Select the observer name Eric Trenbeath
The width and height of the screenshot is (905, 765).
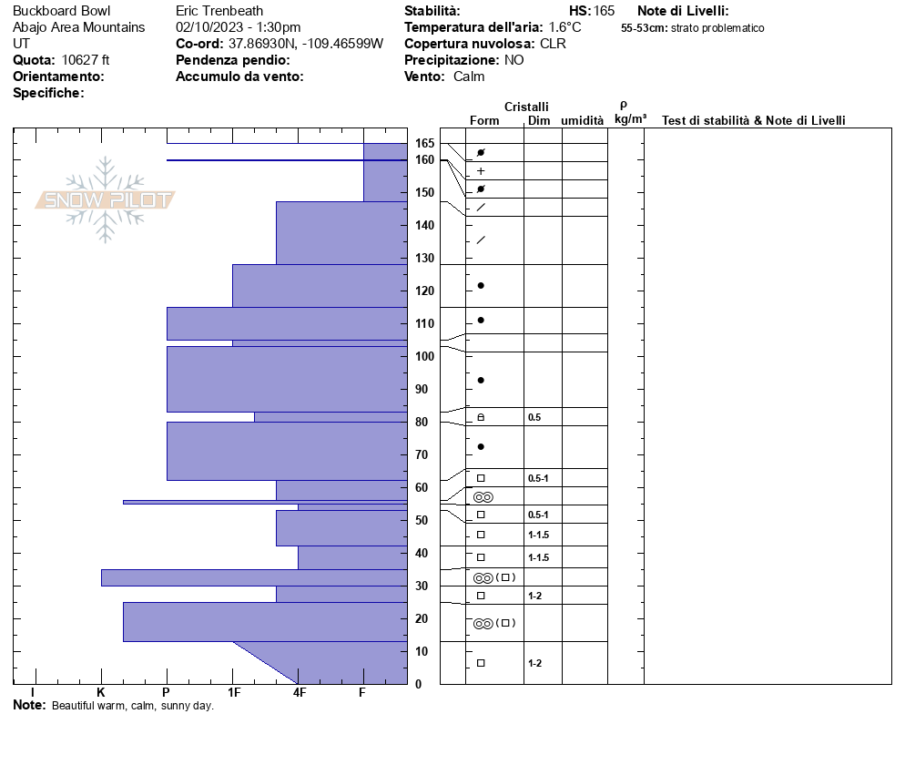pyautogui.click(x=219, y=11)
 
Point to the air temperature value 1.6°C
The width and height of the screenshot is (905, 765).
pyautogui.click(x=564, y=27)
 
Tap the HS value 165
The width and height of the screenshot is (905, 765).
pyautogui.click(x=604, y=11)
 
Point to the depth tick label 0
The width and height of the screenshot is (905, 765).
pyautogui.click(x=418, y=684)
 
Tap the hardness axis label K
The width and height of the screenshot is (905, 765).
pyautogui.click(x=101, y=693)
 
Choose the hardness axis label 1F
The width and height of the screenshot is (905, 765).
pyautogui.click(x=233, y=693)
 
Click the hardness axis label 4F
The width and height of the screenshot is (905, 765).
pyautogui.click(x=299, y=693)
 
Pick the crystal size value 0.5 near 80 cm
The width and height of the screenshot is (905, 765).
pyautogui.click(x=534, y=417)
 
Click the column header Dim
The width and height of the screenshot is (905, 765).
pyautogui.click(x=538, y=121)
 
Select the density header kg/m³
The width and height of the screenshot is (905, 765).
pyautogui.click(x=630, y=119)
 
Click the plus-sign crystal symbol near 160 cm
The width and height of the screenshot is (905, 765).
pyautogui.click(x=481, y=171)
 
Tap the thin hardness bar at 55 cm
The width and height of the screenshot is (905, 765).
pyautogui.click(x=264, y=502)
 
